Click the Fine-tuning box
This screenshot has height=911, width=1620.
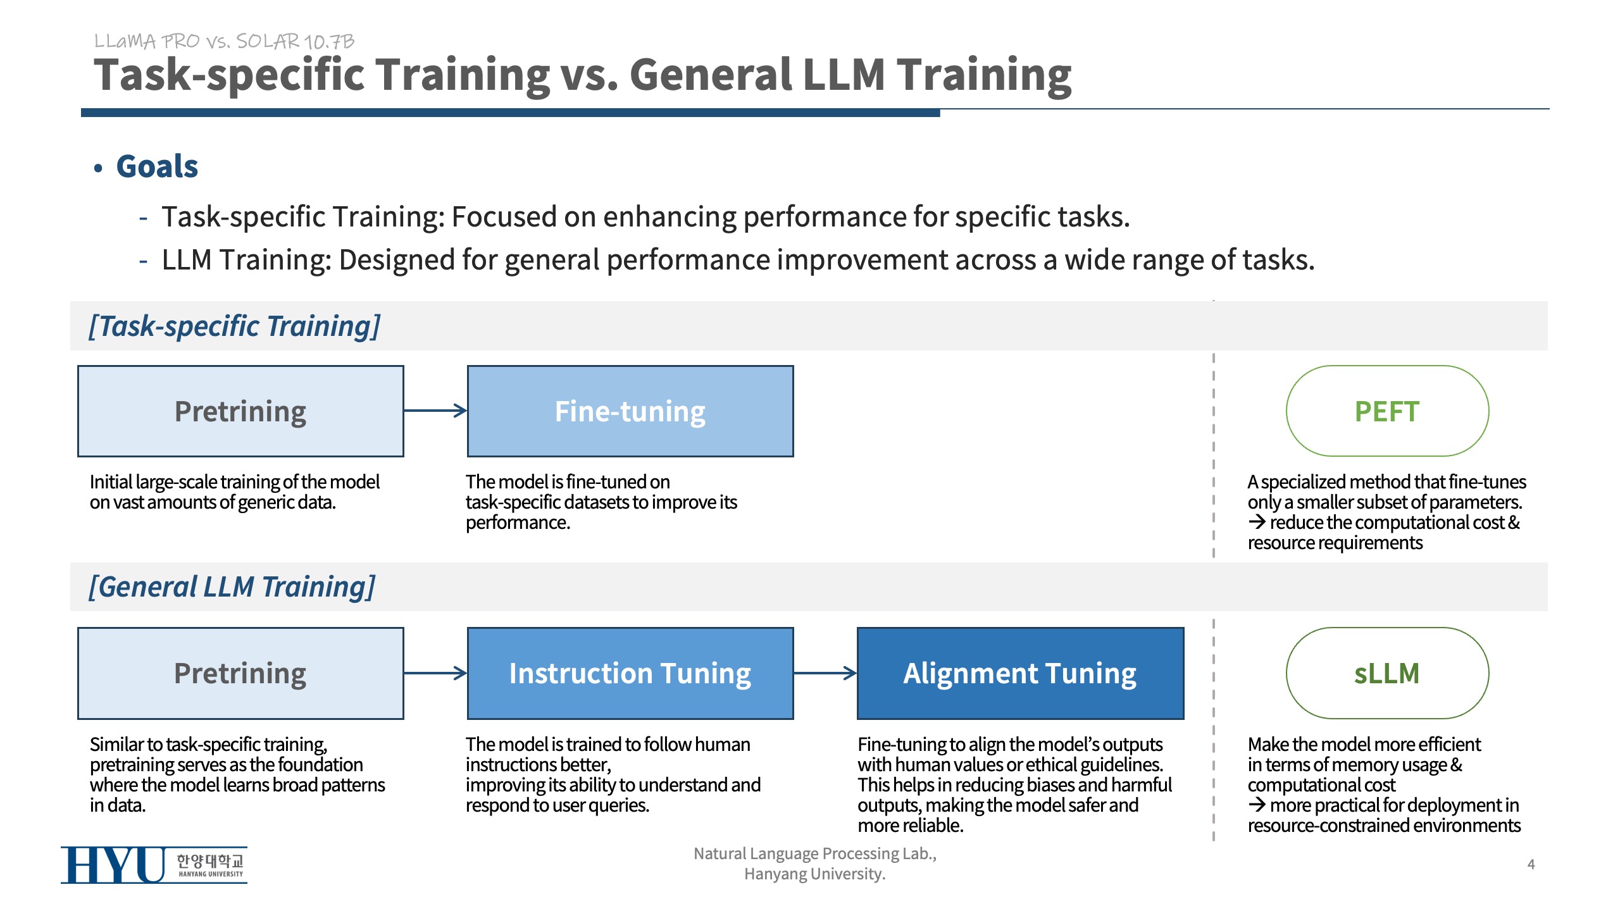click(x=630, y=411)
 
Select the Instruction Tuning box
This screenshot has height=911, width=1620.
click(x=630, y=673)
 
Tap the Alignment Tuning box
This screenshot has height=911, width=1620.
click(x=1020, y=673)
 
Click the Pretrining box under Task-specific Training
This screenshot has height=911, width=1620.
click(x=240, y=411)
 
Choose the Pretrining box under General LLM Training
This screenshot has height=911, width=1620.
click(x=240, y=673)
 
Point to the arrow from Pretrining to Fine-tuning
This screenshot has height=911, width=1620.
click(x=435, y=411)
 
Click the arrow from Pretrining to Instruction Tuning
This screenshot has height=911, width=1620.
click(x=435, y=673)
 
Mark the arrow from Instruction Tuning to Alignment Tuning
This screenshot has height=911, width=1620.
click(x=825, y=673)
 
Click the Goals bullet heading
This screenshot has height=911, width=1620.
click(x=157, y=167)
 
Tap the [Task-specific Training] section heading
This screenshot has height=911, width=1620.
click(x=234, y=326)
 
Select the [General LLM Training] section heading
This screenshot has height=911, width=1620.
click(x=232, y=587)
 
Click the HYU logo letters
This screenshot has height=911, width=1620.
click(x=113, y=865)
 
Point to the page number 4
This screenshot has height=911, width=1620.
click(x=1531, y=864)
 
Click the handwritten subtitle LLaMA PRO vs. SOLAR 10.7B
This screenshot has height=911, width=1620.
click(x=224, y=42)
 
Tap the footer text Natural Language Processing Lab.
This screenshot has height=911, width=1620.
click(x=814, y=853)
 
